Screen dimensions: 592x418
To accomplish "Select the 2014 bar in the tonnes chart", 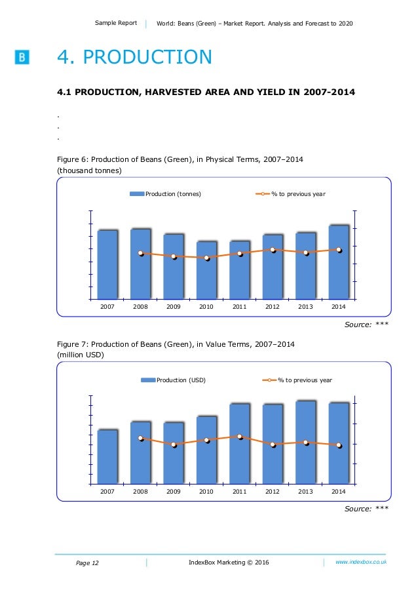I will [x=338, y=262].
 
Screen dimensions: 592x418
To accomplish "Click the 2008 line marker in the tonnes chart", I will [x=140, y=253].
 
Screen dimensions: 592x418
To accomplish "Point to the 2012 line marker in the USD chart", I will [x=273, y=444].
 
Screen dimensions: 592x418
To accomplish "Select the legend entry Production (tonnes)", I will [x=165, y=194].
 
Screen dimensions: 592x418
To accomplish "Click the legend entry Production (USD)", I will [x=173, y=380].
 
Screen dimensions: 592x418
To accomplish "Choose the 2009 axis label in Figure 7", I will [x=174, y=492].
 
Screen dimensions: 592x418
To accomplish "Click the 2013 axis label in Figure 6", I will [x=305, y=306].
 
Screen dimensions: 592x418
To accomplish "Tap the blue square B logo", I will [x=22, y=58].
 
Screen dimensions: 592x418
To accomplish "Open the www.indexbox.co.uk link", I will [x=361, y=562].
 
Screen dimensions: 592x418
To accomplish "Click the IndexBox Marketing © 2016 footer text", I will [x=228, y=562].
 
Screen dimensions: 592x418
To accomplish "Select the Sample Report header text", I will [x=116, y=23].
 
